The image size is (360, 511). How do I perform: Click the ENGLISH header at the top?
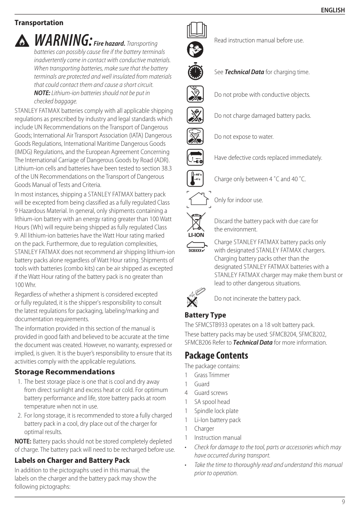click(332, 10)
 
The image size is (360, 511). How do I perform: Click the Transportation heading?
click(39, 23)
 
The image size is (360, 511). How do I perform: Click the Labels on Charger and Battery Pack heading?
click(72, 460)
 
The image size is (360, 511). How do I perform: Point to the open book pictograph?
click(196, 30)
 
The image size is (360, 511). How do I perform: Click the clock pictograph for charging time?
click(195, 72)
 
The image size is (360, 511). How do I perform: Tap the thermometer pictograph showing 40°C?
click(195, 179)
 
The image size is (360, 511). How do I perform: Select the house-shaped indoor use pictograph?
click(199, 200)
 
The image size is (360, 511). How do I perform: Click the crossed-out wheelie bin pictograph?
click(196, 222)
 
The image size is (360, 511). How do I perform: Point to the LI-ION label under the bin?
click(196, 235)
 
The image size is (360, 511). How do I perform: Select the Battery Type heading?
click(205, 315)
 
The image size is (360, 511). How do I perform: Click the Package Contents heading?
click(216, 355)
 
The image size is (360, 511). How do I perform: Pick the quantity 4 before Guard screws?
click(186, 393)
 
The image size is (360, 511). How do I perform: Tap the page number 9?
click(343, 502)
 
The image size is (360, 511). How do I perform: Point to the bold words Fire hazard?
click(109, 43)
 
